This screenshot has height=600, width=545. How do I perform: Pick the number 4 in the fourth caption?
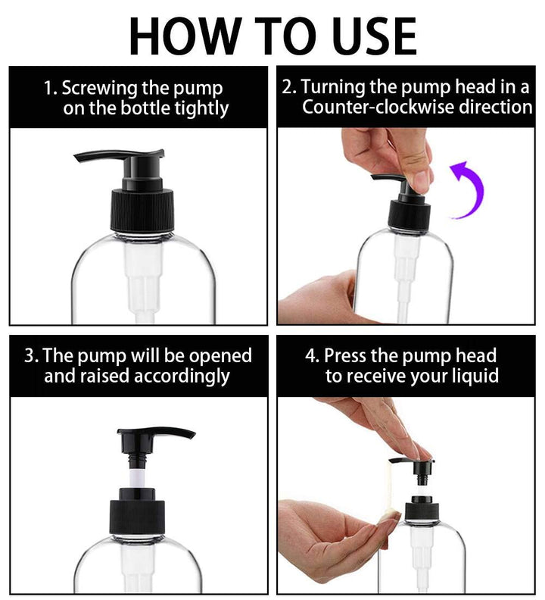[311, 355]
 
